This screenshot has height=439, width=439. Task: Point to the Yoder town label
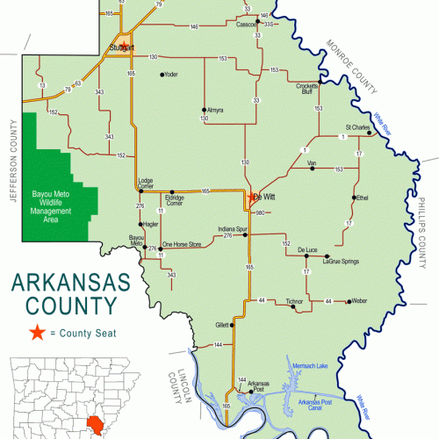170,74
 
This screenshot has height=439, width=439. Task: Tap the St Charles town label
357,127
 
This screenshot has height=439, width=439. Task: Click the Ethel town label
362,198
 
